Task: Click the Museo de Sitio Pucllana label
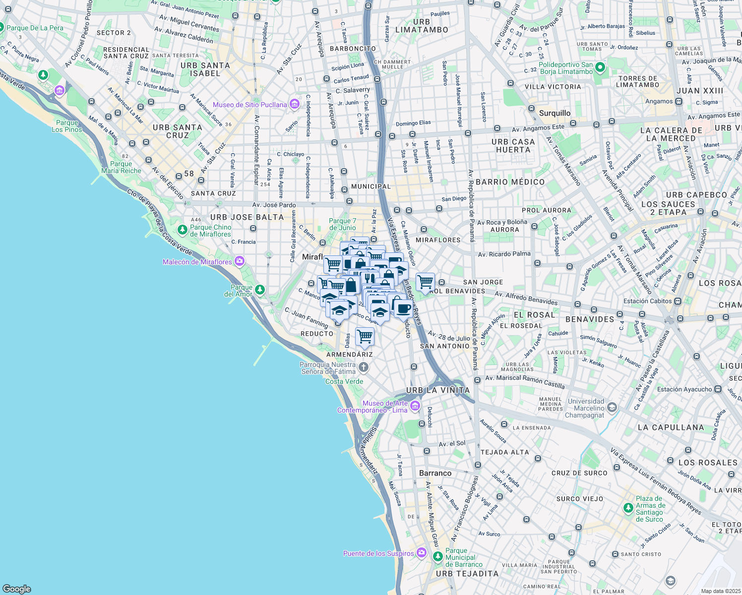pos(250,105)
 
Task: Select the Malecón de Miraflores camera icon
pos(240,261)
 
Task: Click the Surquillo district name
pos(555,113)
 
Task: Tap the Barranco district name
pos(435,473)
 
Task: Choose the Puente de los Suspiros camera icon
pos(421,552)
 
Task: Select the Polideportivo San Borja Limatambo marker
pos(600,67)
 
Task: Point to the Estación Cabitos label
pos(647,301)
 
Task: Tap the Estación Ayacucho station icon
pos(718,389)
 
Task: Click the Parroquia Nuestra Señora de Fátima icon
pos(364,367)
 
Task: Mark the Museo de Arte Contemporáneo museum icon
pos(415,407)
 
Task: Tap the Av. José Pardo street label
pos(274,205)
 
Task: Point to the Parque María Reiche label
pos(122,167)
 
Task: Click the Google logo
pos(16,589)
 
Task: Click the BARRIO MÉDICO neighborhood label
pos(510,182)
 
